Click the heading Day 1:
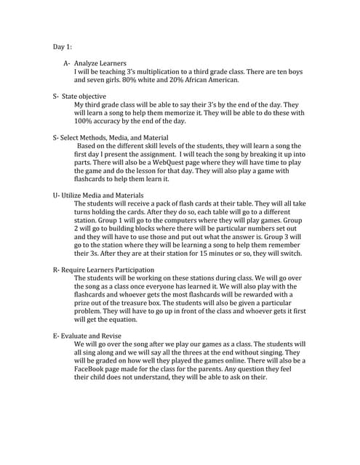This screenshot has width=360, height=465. [x=62, y=46]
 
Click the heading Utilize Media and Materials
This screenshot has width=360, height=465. [x=103, y=195]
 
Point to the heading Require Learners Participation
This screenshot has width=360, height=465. [x=108, y=270]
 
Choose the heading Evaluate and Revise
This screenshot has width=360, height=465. [x=92, y=335]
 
